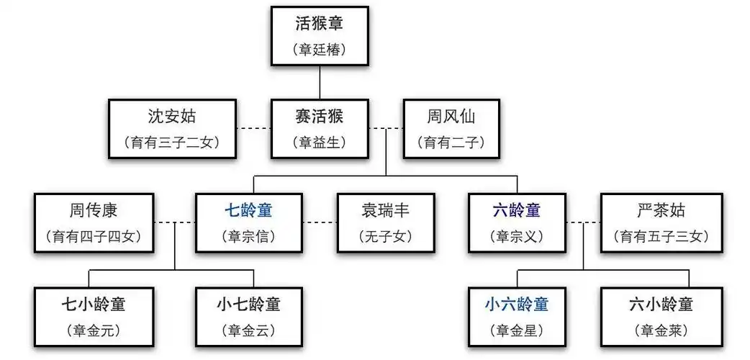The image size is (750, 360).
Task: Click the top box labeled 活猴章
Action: point(320,35)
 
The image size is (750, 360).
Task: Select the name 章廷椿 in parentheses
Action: point(320,50)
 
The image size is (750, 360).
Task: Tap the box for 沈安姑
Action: point(173,129)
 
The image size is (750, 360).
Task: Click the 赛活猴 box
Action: point(320,129)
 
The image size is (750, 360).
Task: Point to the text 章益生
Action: point(320,143)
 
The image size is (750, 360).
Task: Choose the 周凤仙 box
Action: point(451,129)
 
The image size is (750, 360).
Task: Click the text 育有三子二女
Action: point(173,143)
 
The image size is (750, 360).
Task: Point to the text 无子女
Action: point(387,235)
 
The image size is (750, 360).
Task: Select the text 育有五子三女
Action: point(661,235)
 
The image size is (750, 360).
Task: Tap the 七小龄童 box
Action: point(94,315)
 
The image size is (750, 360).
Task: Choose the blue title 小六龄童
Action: point(516,304)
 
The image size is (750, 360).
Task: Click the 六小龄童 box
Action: point(661,315)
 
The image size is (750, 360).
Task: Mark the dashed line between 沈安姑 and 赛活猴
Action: point(255,129)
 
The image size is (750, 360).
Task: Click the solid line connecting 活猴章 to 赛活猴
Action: point(320,81)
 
